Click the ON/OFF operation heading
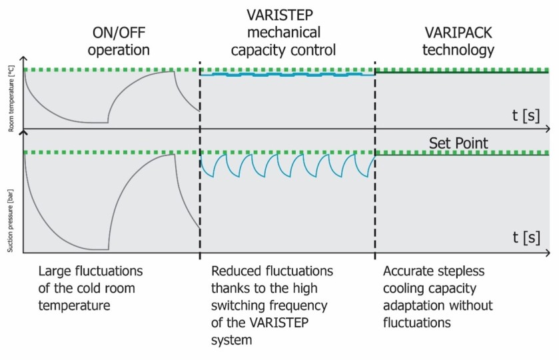[x=121, y=41]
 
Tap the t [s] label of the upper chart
[x=526, y=115]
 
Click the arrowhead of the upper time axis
[x=547, y=129]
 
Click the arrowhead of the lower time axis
[x=547, y=253]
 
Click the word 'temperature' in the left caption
[x=75, y=306]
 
